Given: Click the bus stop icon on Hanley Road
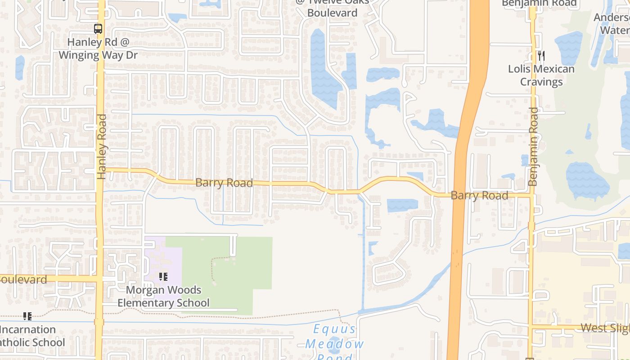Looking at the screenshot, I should click(98, 29).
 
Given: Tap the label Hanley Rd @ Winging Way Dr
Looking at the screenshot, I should click(98, 49).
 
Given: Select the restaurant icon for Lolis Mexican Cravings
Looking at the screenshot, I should click(541, 56).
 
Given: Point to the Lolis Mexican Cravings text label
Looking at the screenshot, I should click(541, 75).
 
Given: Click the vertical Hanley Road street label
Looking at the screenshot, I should click(102, 146).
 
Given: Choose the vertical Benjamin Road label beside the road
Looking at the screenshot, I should click(533, 146).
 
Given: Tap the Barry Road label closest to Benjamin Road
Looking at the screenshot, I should click(479, 195).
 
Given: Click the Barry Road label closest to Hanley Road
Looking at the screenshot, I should click(224, 183).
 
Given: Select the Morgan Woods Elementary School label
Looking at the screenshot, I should click(163, 296).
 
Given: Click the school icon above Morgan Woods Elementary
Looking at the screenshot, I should click(163, 277).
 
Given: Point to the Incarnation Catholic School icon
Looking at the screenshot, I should click(27, 316).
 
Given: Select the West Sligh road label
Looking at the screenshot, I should click(605, 328).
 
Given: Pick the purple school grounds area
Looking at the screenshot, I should click(155, 256).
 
